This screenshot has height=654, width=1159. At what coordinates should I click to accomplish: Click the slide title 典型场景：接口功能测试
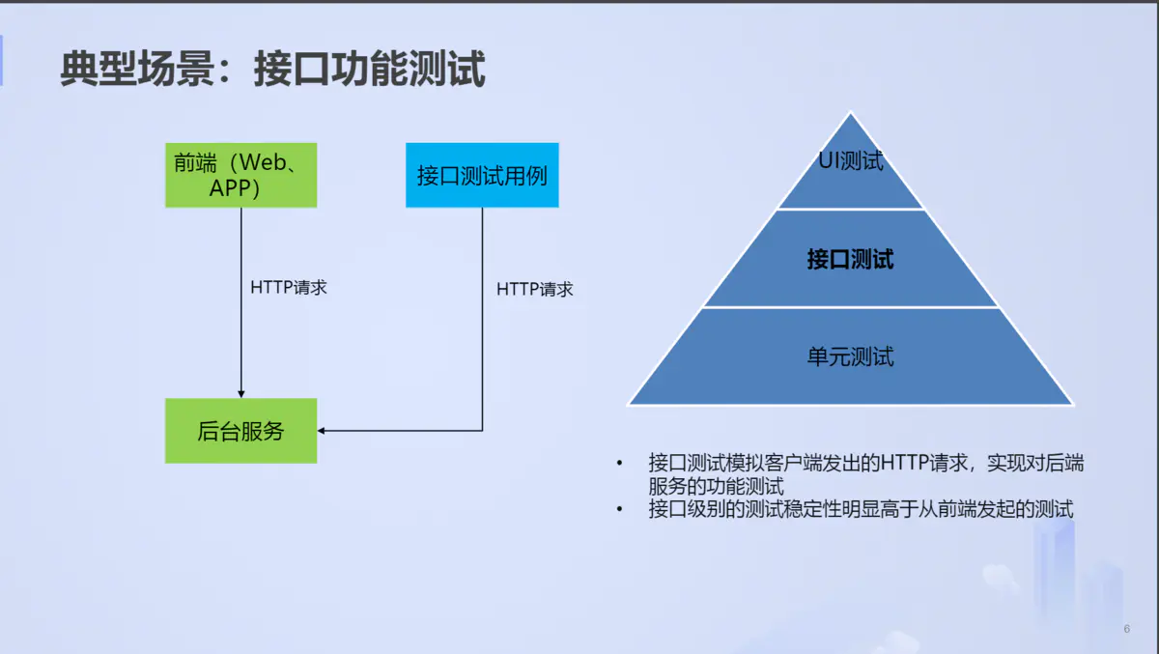[272, 69]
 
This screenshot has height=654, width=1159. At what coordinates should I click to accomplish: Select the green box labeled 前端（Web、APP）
[240, 175]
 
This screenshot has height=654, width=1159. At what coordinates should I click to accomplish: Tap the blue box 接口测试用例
[482, 176]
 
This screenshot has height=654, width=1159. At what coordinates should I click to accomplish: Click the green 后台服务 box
[240, 431]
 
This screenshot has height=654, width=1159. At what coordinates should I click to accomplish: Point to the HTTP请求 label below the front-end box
[289, 287]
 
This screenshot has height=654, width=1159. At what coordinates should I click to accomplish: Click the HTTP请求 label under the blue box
[535, 289]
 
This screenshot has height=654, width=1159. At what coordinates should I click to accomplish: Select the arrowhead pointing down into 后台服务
[240, 392]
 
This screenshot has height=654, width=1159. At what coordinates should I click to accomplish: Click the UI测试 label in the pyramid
[851, 160]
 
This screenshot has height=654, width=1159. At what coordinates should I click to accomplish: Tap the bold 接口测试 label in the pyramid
[851, 259]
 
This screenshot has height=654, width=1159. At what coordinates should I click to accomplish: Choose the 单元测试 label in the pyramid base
[851, 356]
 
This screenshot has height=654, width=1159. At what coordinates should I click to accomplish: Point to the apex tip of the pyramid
[851, 113]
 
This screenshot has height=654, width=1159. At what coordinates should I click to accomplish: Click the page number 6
[1127, 629]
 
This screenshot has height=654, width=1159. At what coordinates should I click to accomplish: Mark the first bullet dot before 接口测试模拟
[619, 464]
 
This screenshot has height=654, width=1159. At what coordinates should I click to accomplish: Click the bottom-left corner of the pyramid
[630, 404]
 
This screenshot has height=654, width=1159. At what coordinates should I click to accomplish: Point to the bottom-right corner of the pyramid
[1072, 404]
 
